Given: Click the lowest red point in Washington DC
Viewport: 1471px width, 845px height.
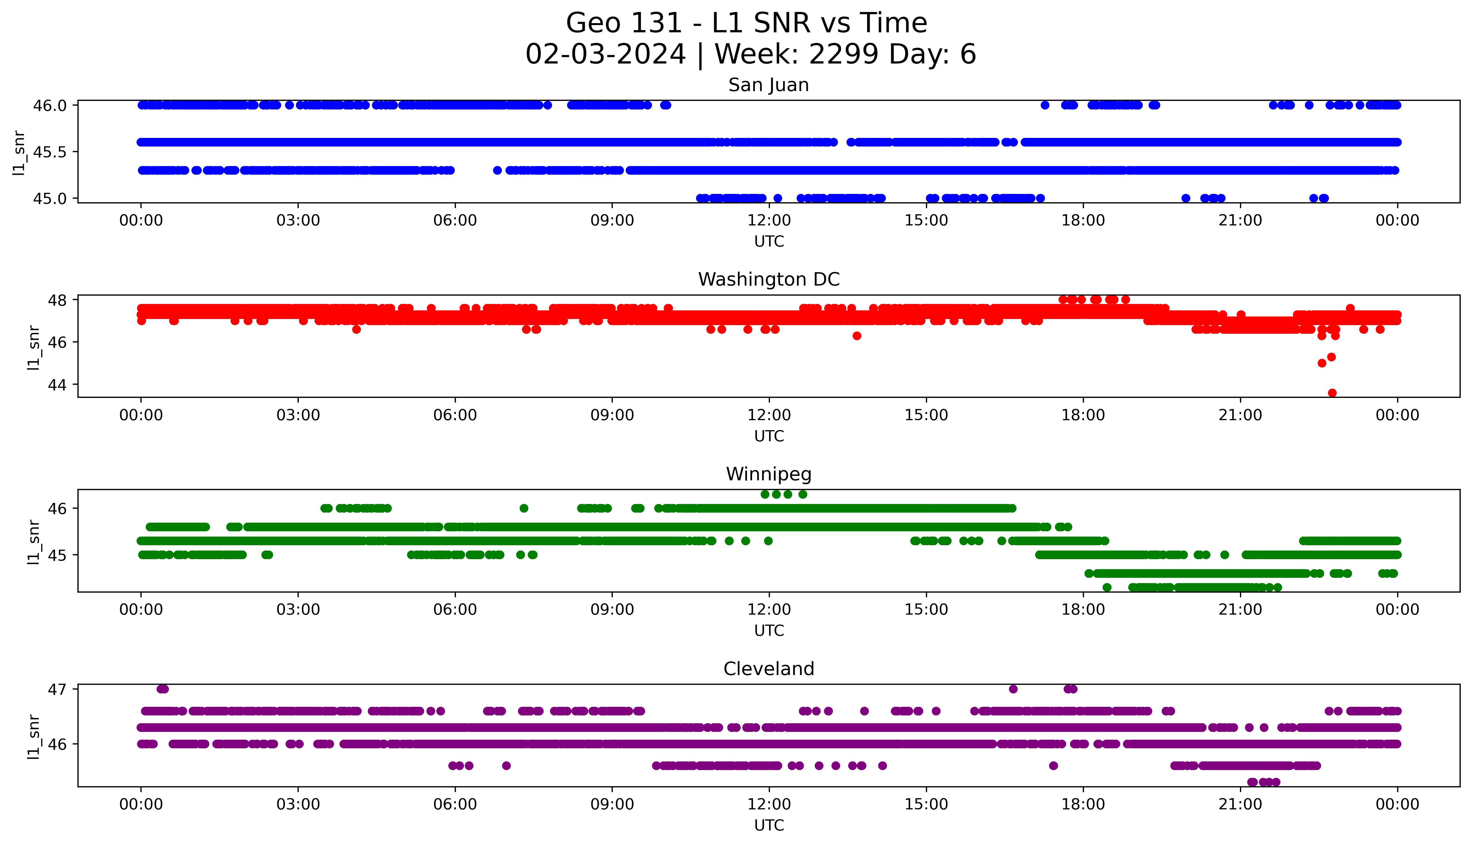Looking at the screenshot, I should click(x=1332, y=393).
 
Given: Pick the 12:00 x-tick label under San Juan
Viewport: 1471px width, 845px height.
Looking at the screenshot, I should click(x=769, y=221).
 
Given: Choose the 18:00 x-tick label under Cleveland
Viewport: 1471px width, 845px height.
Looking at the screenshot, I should click(x=1083, y=804).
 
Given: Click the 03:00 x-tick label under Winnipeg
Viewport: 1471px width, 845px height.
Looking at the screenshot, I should click(x=298, y=609).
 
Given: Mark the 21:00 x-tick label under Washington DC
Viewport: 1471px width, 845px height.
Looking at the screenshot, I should click(x=1241, y=415).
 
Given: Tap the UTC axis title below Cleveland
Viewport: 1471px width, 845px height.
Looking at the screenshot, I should click(x=769, y=825).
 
